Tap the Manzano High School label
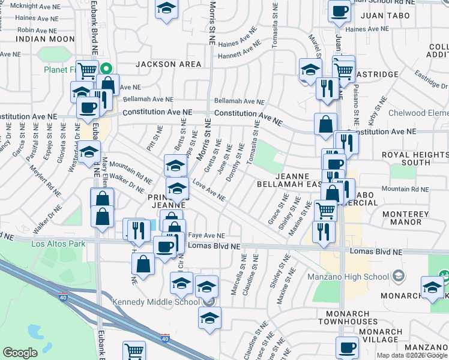point(358,277)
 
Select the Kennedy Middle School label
point(155,301)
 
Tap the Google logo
point(20,353)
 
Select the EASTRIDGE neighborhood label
point(376,74)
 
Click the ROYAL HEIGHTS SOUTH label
point(415,158)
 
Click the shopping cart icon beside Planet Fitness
point(88,71)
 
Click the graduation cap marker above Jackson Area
point(166,9)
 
